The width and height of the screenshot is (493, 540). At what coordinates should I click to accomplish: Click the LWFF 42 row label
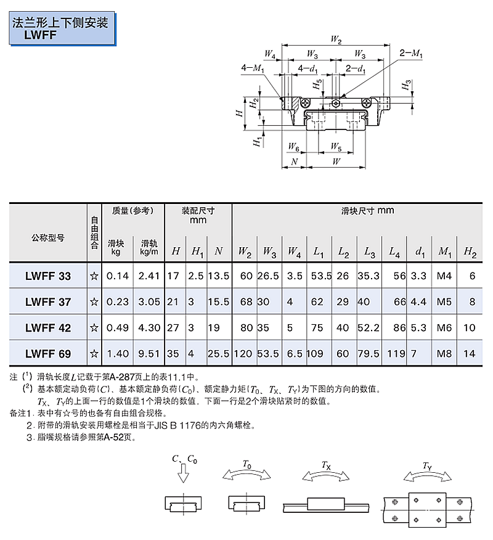coord(48,327)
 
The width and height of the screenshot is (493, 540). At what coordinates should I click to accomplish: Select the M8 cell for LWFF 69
coord(444,353)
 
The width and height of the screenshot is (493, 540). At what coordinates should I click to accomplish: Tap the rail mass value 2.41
coord(149,276)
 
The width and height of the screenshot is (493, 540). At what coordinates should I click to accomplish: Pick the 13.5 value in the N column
coord(219,276)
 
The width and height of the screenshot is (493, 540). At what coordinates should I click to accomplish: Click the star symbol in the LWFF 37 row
coord(94,302)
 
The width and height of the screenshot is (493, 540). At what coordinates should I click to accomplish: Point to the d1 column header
coord(420,252)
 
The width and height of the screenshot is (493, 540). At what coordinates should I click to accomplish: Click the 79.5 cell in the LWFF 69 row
coord(368,353)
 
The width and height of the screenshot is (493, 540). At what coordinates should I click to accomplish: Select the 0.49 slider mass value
coord(118,327)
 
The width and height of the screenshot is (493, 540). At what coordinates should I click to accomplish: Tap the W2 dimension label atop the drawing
coord(336,39)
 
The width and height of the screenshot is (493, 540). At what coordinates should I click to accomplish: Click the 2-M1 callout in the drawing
coord(410,53)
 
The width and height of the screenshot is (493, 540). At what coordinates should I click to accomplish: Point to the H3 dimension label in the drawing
coord(407,84)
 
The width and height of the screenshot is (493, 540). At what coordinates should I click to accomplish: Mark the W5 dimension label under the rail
coord(336,147)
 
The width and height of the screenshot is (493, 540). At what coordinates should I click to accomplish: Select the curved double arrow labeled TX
coord(325,476)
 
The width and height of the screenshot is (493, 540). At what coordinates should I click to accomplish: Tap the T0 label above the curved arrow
coord(247,464)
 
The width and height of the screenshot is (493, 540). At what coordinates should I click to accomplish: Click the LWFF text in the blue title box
coord(40,35)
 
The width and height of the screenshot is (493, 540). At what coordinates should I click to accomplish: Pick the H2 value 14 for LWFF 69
coord(469,353)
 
